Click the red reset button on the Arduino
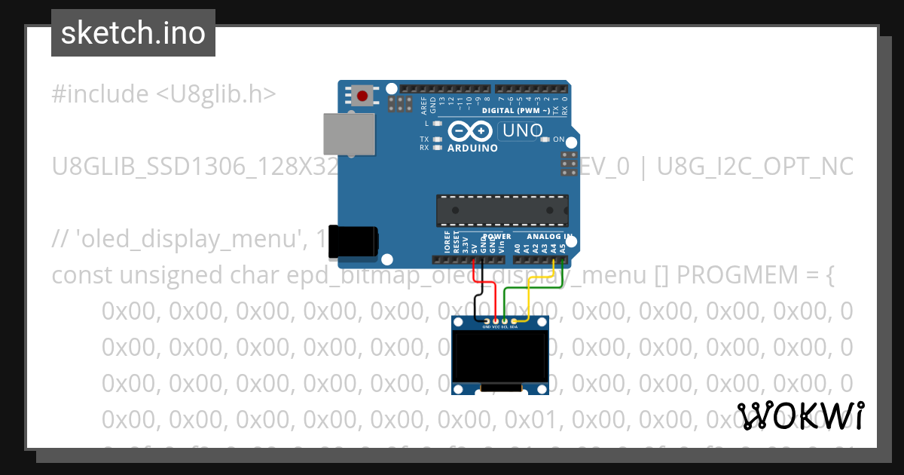tap(363, 97)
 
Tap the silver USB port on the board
tap(349, 135)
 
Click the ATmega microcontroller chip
tap(502, 210)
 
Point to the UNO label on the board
tap(523, 130)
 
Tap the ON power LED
tap(548, 139)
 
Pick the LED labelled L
tap(437, 122)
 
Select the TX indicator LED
tap(437, 139)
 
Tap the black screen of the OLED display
tap(500, 359)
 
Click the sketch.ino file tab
tap(133, 33)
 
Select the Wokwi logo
tap(800, 415)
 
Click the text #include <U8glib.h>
tap(164, 94)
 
